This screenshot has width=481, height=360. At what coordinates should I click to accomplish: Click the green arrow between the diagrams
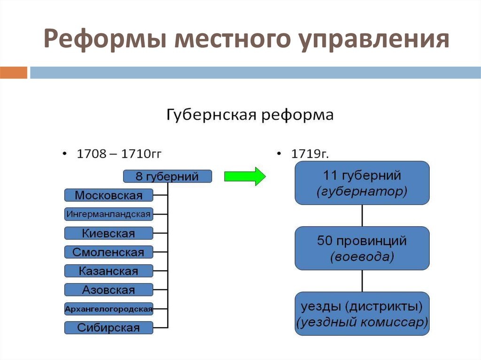click(x=245, y=176)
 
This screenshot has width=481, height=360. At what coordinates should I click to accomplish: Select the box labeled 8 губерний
click(x=167, y=176)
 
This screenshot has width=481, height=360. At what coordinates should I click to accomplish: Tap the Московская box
click(x=109, y=195)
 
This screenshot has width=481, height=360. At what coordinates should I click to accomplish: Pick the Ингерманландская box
click(x=109, y=214)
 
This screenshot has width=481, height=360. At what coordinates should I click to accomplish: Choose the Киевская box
click(x=109, y=233)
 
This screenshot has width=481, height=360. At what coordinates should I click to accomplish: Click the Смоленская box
click(x=109, y=252)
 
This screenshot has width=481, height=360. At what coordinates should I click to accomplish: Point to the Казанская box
click(x=109, y=271)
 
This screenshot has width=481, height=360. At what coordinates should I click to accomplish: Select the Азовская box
click(x=109, y=290)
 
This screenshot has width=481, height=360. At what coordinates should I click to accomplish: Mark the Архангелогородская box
click(x=109, y=309)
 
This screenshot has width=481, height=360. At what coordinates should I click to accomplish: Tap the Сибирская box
click(x=109, y=328)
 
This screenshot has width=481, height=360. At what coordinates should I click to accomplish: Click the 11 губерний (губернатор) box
click(x=362, y=183)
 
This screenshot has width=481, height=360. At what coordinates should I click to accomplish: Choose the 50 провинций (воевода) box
click(x=362, y=248)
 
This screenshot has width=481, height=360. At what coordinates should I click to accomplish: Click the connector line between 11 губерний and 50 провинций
click(x=362, y=215)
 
